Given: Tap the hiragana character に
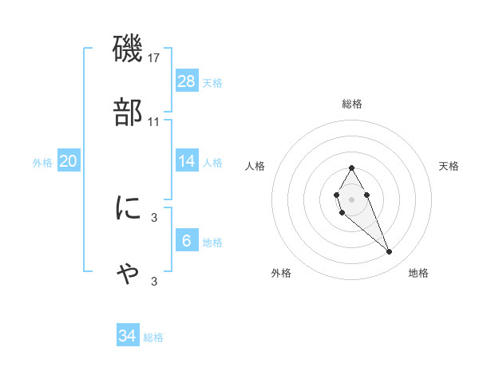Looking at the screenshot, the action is coord(129,208).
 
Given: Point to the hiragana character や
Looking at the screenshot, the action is coord(129,273).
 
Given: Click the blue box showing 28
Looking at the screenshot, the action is coord(187,81).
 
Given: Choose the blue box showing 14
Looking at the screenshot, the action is coord(187,161).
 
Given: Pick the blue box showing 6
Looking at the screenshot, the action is coord(187,240).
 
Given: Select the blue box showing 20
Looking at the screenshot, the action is coord(69,161).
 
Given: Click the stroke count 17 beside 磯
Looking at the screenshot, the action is coord(154,58).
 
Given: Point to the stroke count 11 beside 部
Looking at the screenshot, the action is coord(154,122).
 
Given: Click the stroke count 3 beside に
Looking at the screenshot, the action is coord(154,217).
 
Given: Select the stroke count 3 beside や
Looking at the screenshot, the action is coord(154,281).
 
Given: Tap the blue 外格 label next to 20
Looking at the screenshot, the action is coord(42,162).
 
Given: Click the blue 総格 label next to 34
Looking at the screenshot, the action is coord(153,337).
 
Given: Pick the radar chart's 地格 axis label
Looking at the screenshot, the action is coord(418,273).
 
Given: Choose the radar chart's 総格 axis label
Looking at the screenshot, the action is coord(351,104).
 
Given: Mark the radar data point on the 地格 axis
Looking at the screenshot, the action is coord(390,252).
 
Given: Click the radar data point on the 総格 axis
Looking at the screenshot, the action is coord(351,168).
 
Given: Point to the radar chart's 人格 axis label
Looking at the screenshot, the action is coord(255,166).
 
